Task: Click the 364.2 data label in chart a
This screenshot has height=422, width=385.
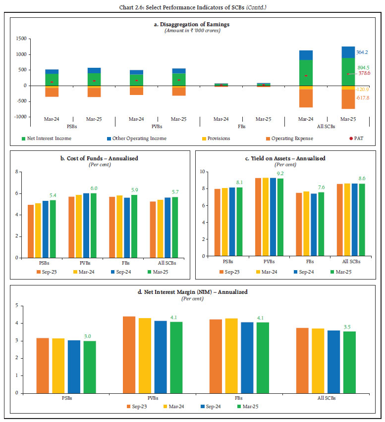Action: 363,51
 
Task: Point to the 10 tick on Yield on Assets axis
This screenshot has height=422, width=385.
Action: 202,172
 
